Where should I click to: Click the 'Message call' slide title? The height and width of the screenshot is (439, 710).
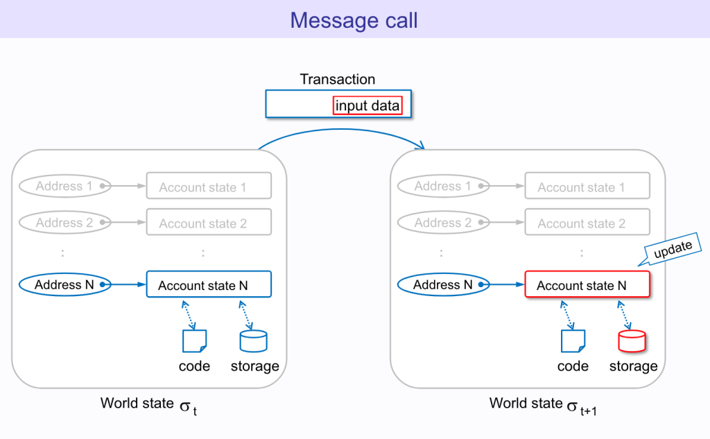pos(354,20)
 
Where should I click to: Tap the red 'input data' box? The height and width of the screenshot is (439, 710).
pos(367,105)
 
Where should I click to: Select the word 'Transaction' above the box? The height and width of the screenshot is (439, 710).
pos(338,79)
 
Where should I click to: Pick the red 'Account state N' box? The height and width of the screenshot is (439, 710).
pos(587,285)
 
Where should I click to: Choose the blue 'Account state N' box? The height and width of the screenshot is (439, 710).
pos(209,285)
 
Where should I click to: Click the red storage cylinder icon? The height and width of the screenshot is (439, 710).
pos(631,341)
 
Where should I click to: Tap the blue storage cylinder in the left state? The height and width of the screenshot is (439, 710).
pos(253,341)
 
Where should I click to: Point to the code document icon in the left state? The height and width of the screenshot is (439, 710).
pos(194,341)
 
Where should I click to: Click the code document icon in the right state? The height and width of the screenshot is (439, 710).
pos(573,341)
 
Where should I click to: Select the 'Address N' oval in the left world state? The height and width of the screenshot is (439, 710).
pos(64,284)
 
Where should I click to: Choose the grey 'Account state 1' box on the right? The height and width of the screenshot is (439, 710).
pos(587,187)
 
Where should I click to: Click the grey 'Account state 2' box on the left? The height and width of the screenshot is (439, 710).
pos(209,223)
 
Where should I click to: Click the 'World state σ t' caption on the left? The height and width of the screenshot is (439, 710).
pos(149,405)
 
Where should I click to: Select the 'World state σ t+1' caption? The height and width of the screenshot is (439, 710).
pos(542,405)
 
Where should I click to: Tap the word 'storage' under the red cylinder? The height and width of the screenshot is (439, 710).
pos(633,366)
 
